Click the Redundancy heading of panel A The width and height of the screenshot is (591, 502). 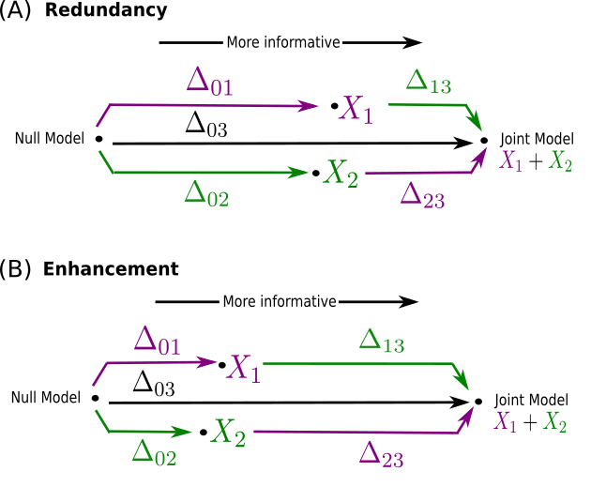click(105, 11)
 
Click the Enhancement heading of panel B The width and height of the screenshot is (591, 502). click(111, 269)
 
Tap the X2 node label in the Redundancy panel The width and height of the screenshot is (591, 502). click(341, 174)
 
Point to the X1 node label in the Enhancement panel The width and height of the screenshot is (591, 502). click(243, 367)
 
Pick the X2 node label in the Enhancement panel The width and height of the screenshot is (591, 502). click(230, 432)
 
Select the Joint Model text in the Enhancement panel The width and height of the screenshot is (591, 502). click(530, 398)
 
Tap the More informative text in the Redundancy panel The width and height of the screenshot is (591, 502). click(282, 42)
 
